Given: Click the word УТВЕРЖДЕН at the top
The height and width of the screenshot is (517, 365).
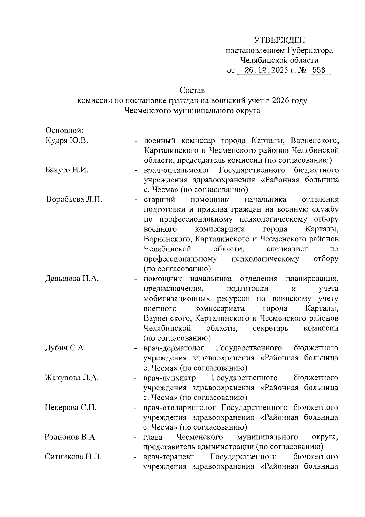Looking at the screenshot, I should (279, 40).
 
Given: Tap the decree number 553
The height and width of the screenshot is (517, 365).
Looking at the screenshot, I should (318, 70).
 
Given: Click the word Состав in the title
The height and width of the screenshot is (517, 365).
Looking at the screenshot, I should (192, 90).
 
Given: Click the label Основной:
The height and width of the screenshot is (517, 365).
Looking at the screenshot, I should (64, 130).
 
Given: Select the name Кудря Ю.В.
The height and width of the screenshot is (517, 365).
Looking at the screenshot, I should (67, 140).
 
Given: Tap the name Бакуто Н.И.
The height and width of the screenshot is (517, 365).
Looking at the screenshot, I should (67, 170).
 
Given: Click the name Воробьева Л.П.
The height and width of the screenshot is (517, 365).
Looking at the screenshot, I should (74, 199).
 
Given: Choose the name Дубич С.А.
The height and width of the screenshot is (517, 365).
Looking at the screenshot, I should (65, 348).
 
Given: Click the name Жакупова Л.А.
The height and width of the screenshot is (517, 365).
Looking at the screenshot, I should (72, 378).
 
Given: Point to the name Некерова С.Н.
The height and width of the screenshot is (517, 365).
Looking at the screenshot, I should (71, 407).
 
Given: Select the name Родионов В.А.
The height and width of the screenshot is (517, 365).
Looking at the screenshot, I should (71, 437).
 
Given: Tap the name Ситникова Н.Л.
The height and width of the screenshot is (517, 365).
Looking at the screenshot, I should (73, 457).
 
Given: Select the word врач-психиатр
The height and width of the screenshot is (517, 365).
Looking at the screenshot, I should (170, 378).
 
